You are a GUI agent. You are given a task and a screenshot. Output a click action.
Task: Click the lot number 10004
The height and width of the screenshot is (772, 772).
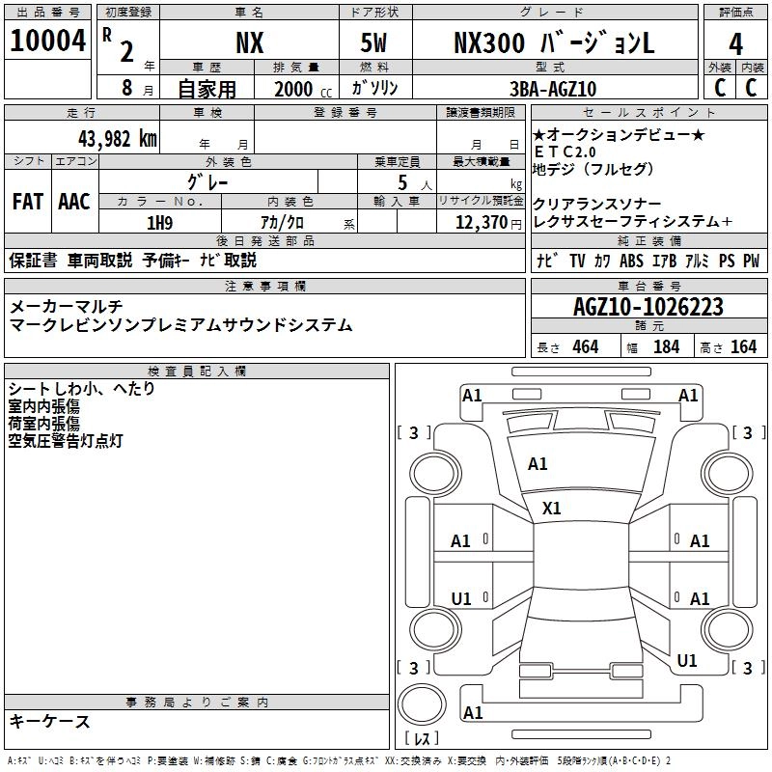pos(49,43)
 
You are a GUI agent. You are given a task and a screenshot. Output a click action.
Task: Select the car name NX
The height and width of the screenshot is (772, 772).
pos(250,44)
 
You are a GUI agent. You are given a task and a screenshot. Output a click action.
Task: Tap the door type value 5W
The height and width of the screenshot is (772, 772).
pos(376,44)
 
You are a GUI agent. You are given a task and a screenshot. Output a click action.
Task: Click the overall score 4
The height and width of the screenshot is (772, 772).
pos(736,44)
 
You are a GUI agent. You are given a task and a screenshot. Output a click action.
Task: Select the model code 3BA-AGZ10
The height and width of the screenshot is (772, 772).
pos(553,89)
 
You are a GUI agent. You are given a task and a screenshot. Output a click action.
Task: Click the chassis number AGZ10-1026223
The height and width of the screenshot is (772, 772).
pos(648,308)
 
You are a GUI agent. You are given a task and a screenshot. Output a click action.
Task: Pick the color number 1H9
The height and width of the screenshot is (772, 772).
pos(158,223)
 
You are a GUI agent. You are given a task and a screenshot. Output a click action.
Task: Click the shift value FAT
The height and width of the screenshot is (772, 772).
pos(28,202)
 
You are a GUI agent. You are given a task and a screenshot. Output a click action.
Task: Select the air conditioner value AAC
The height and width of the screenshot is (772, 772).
pos(74,202)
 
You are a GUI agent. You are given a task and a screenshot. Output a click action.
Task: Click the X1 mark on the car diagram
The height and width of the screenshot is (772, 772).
pos(552,508)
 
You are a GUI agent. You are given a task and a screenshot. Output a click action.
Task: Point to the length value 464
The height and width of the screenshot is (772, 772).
pos(585,346)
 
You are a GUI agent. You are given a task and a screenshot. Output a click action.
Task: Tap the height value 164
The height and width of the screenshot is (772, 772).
pos(743,346)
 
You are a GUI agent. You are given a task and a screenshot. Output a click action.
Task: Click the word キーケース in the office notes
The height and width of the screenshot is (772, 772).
pos(49,721)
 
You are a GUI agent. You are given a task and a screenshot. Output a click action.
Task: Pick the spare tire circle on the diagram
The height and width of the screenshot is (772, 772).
pos(422,705)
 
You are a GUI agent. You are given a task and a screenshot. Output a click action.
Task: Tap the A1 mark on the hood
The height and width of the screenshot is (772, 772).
pos(538,464)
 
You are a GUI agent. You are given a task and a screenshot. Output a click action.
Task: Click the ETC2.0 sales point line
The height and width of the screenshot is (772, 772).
pos(568,152)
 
